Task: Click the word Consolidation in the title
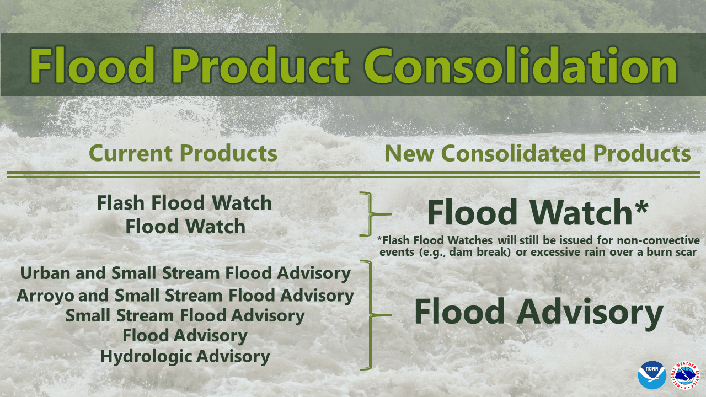click(x=521, y=65)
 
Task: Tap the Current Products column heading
click(x=183, y=153)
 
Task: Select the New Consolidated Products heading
click(x=537, y=153)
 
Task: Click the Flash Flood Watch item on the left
click(x=184, y=203)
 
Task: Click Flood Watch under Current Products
click(x=185, y=226)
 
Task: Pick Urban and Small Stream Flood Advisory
click(x=185, y=273)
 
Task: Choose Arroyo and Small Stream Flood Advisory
click(x=185, y=296)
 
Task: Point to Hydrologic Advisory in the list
click(x=185, y=356)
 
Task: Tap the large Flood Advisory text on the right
click(x=538, y=312)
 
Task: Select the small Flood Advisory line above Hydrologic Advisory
click(x=185, y=335)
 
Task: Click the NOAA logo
click(x=652, y=375)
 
